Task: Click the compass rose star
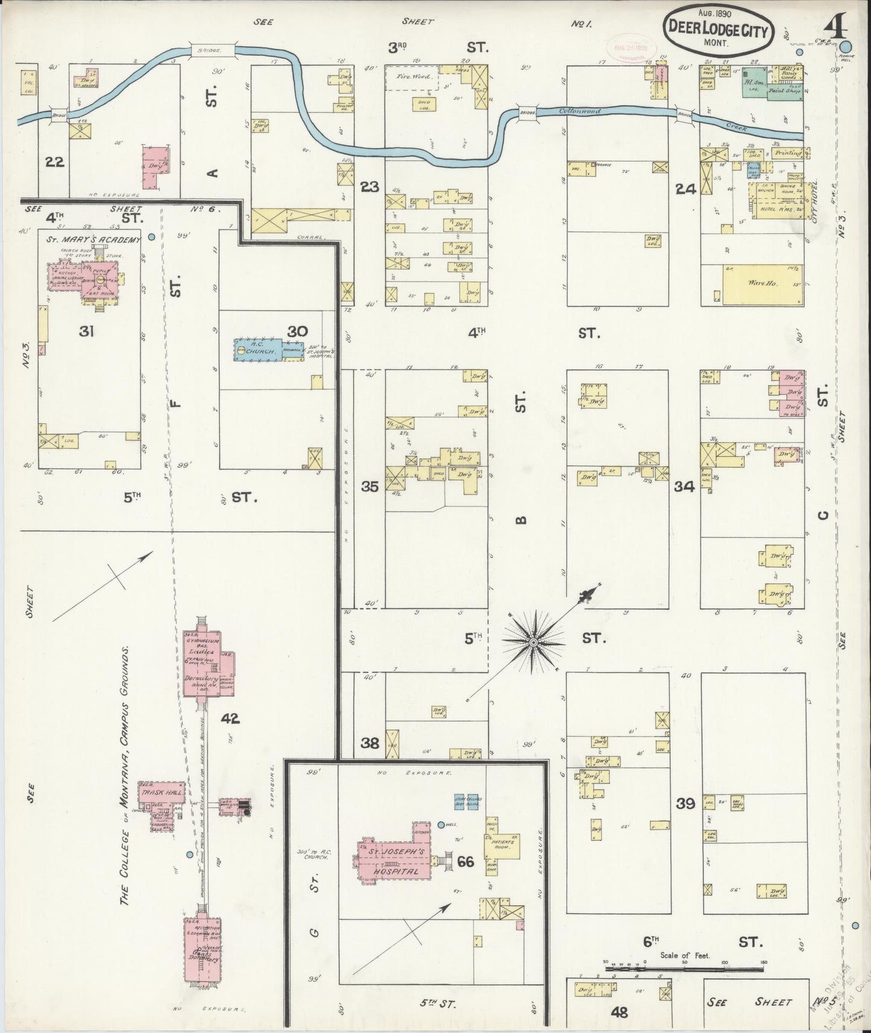coord(533,643)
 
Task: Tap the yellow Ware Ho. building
coord(763,283)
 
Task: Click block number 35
coord(369,486)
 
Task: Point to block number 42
coord(230,718)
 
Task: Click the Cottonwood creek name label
coord(580,111)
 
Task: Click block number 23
coord(369,187)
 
